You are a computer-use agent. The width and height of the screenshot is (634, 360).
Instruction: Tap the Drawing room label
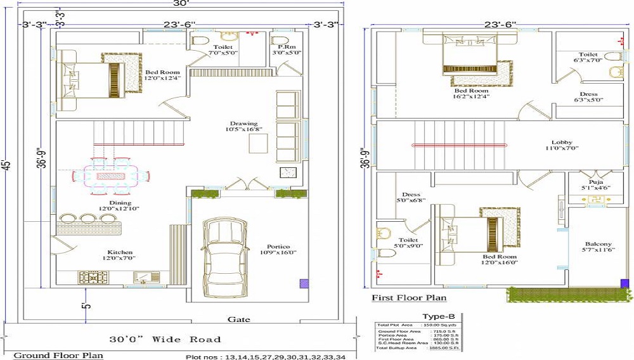(x=243, y=127)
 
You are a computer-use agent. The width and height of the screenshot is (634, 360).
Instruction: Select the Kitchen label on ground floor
(x=120, y=255)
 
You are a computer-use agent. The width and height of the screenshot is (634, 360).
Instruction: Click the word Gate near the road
(x=238, y=319)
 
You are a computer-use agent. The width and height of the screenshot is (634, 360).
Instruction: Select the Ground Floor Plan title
(x=58, y=356)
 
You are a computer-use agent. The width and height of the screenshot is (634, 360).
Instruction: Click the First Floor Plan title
(x=409, y=298)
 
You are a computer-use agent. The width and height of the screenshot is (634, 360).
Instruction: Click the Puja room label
(x=595, y=184)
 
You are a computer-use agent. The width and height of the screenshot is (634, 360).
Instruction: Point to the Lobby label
(x=562, y=146)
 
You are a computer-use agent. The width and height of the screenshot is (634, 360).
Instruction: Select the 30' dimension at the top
(x=184, y=4)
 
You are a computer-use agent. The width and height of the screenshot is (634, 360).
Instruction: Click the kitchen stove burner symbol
(x=91, y=276)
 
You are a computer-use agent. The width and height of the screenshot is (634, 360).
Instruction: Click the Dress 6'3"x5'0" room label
(x=588, y=97)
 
